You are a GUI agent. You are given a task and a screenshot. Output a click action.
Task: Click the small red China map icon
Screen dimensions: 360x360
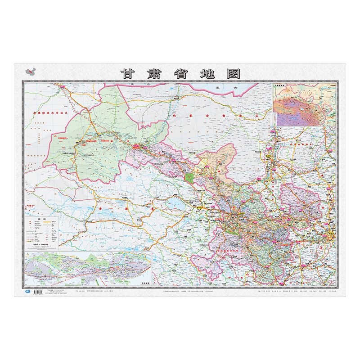coord(31,72)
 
